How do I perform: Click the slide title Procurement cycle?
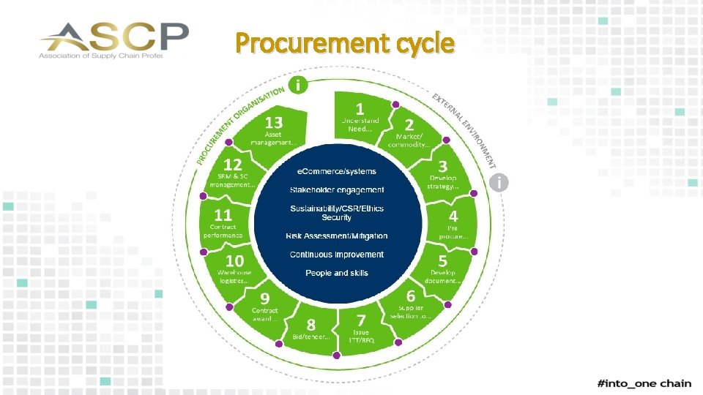pyautogui.click(x=345, y=44)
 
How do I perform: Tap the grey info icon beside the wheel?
pyautogui.click(x=499, y=182)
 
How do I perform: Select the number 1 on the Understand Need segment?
pyautogui.click(x=360, y=107)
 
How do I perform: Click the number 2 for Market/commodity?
pyautogui.click(x=409, y=125)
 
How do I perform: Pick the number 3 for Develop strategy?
pyautogui.click(x=442, y=166)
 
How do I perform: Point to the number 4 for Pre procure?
pyautogui.click(x=453, y=217)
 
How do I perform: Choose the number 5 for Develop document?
pyautogui.click(x=442, y=261)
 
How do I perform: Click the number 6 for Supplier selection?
pyautogui.click(x=411, y=296)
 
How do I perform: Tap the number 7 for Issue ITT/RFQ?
pyautogui.click(x=361, y=320)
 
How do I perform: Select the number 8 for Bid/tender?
pyautogui.click(x=311, y=324)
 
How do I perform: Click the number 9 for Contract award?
pyautogui.click(x=264, y=298)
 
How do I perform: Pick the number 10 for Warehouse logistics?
pyautogui.click(x=234, y=260)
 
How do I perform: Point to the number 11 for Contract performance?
pyautogui.click(x=223, y=216)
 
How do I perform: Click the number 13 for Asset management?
pyautogui.click(x=274, y=121)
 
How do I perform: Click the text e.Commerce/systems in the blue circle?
pyautogui.click(x=336, y=171)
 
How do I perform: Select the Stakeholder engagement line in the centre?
pyautogui.click(x=337, y=190)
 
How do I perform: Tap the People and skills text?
pyautogui.click(x=337, y=273)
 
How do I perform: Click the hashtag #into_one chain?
pyautogui.click(x=644, y=384)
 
